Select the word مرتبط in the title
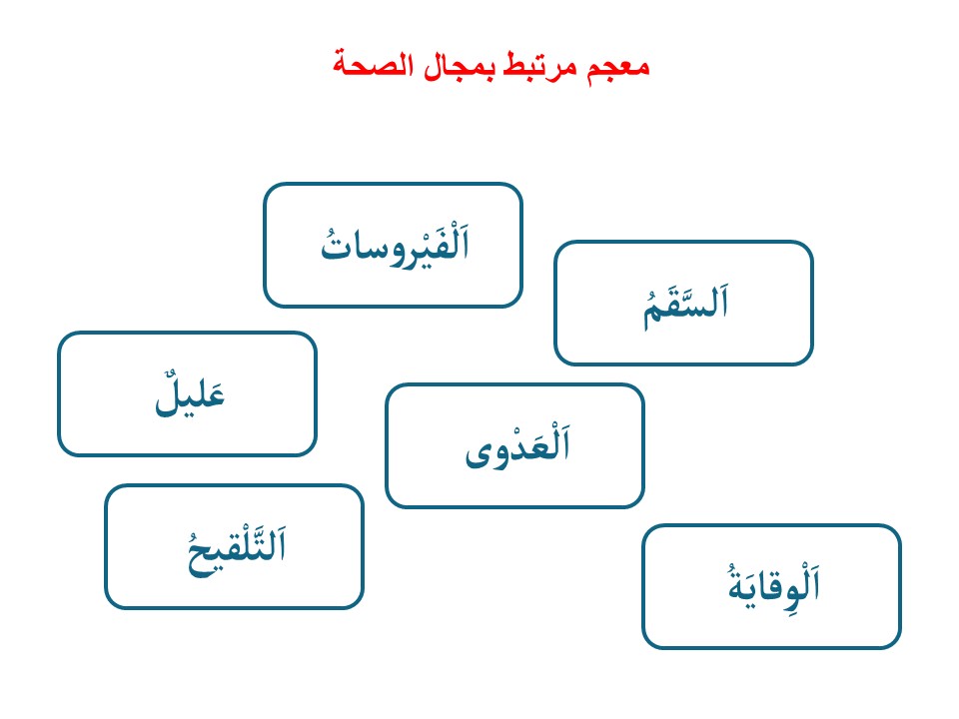click(540, 66)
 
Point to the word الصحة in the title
click(373, 65)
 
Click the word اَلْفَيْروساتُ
click(396, 247)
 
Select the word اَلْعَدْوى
click(517, 446)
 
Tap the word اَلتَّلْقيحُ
click(236, 549)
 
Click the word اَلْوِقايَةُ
click(773, 584)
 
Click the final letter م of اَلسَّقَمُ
click(653, 314)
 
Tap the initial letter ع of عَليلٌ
click(216, 396)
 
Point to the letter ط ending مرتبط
click(516, 66)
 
